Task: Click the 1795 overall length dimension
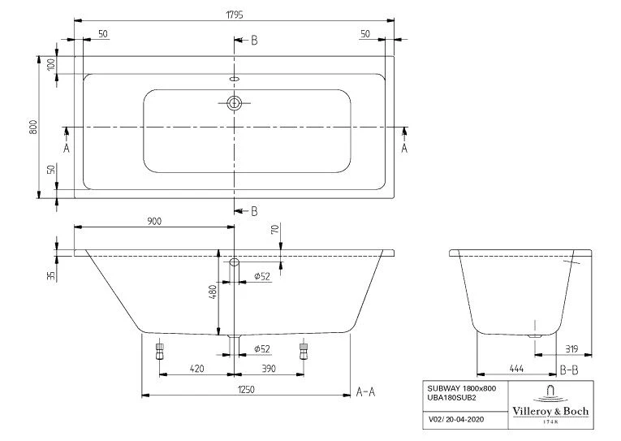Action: [235, 15]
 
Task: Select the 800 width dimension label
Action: [33, 127]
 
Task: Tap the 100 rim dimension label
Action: [51, 65]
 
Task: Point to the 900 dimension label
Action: [154, 222]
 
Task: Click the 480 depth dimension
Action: [213, 292]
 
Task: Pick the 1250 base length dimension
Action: [246, 390]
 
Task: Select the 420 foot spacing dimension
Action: [196, 369]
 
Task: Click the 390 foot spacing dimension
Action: [269, 369]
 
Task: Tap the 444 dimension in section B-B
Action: [516, 369]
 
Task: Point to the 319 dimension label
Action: [571, 349]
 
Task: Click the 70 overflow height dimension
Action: [275, 229]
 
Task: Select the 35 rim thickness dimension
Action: [51, 275]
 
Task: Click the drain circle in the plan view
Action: [235, 103]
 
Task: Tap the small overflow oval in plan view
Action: [235, 79]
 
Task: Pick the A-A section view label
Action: [365, 392]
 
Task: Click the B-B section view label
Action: [569, 370]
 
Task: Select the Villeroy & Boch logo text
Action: [550, 411]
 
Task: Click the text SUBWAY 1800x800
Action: [461, 389]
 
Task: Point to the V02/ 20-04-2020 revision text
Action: [456, 419]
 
